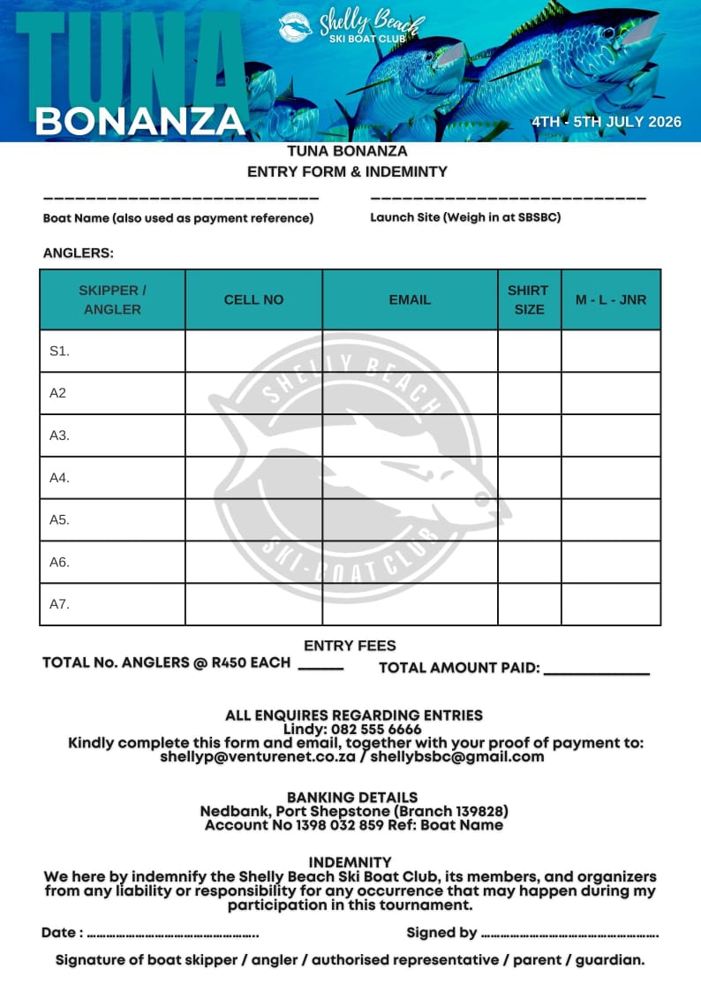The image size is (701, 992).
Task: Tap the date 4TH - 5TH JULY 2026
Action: pyautogui.click(x=607, y=122)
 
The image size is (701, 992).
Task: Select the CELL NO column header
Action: pyautogui.click(x=253, y=299)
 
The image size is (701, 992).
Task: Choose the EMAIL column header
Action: pyautogui.click(x=410, y=299)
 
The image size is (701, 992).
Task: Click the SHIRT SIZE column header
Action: pyautogui.click(x=529, y=299)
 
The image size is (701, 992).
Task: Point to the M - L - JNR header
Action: pyautogui.click(x=611, y=299)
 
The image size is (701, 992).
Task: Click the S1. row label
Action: pyautogui.click(x=59, y=351)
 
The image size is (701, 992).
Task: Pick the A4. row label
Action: pyautogui.click(x=59, y=478)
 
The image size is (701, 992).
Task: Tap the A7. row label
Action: pyautogui.click(x=59, y=604)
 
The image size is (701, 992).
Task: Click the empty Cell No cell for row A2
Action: pyautogui.click(x=253, y=393)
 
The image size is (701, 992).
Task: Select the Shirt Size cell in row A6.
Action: pyautogui.click(x=529, y=562)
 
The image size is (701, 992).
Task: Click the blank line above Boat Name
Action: pyautogui.click(x=180, y=198)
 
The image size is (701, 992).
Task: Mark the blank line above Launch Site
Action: pyautogui.click(x=508, y=198)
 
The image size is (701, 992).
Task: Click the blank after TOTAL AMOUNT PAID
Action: pyautogui.click(x=596, y=673)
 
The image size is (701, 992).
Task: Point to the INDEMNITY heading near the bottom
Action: pyautogui.click(x=350, y=862)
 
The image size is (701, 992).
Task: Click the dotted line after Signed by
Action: pyautogui.click(x=570, y=934)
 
